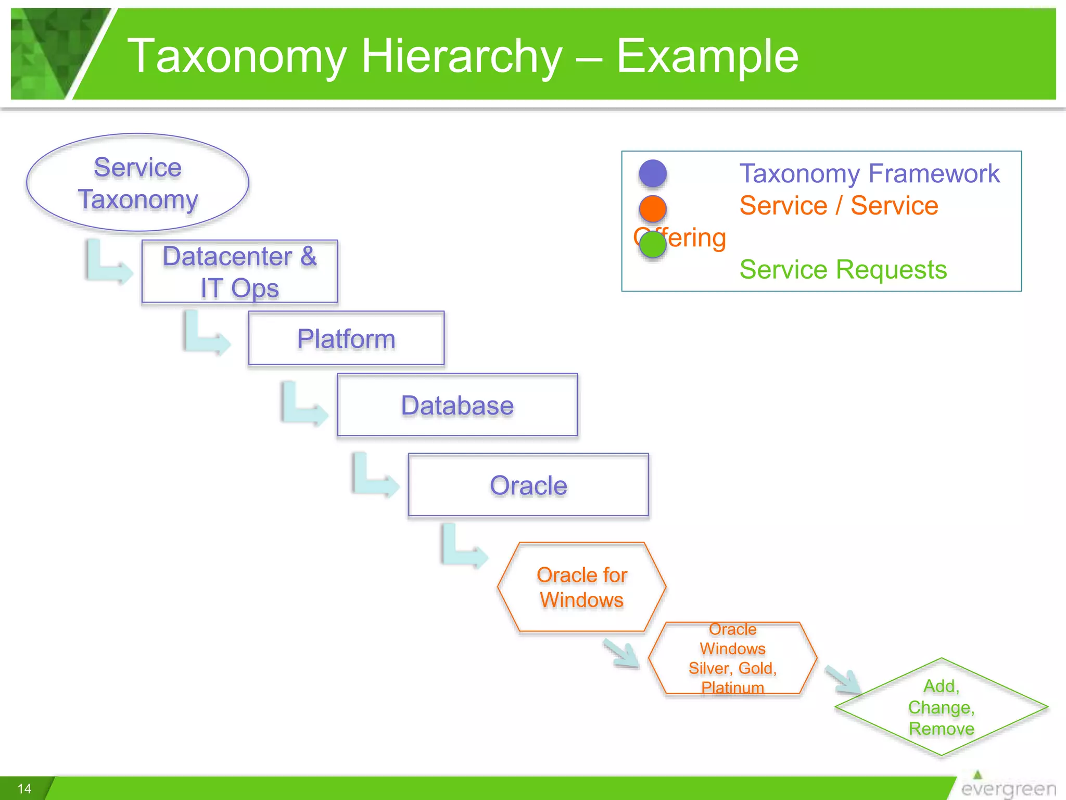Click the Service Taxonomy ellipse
137,183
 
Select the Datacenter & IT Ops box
239,271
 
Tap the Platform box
346,339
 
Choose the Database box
457,405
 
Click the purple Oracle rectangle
528,485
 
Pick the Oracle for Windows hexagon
581,587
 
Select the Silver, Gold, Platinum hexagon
732,658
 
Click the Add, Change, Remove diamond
941,707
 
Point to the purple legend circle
653,173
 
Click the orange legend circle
653,208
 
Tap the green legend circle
653,244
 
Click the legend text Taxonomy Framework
869,173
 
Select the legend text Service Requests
843,269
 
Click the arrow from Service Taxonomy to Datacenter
107,263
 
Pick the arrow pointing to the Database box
303,405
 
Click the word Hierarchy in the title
462,56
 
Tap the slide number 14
24,789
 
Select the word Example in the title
707,56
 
